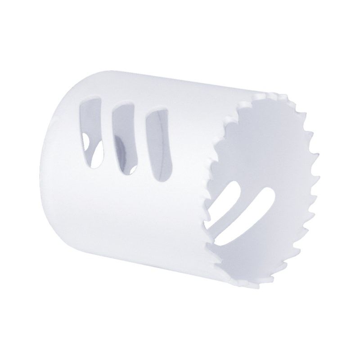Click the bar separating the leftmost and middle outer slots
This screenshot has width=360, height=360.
106,135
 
